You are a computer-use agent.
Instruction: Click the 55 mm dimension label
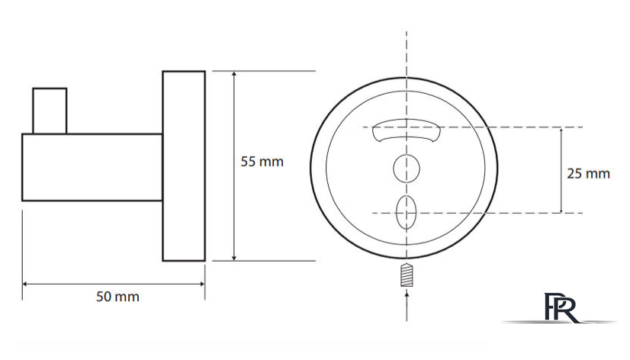tap(262, 162)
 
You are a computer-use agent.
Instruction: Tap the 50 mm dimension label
tap(117, 297)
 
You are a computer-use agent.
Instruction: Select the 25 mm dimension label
tap(588, 174)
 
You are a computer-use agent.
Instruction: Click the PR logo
tap(561, 307)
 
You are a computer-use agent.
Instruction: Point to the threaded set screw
tap(407, 275)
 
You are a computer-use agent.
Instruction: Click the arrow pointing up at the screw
tap(407, 307)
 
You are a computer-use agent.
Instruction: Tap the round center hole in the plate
tap(407, 169)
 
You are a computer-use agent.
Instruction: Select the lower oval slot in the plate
tap(406, 212)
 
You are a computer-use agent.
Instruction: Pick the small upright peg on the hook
tap(50, 111)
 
